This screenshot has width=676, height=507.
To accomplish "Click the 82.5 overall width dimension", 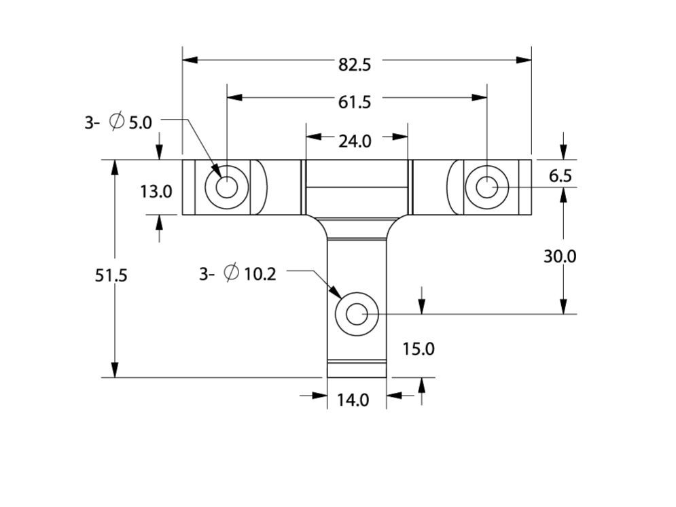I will tap(355, 65).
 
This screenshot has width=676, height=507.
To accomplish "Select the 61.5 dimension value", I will tap(355, 102).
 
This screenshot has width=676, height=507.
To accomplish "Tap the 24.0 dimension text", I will tap(355, 141).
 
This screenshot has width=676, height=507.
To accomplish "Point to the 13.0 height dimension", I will tap(156, 192).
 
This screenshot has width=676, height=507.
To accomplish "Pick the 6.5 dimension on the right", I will tap(561, 177).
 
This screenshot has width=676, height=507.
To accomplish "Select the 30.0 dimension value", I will tap(560, 256).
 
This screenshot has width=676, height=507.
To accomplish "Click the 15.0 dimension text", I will tap(418, 349).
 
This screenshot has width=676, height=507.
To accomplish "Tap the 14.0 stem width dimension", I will tap(353, 400).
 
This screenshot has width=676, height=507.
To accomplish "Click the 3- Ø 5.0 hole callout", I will tap(119, 122).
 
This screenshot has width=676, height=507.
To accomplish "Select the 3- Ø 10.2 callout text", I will tap(237, 274).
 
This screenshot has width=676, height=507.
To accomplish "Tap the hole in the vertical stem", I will tap(357, 314).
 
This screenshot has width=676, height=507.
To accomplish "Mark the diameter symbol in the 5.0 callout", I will tap(116, 122).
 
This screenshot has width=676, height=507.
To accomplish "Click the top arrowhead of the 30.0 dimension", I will tap(563, 194).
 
